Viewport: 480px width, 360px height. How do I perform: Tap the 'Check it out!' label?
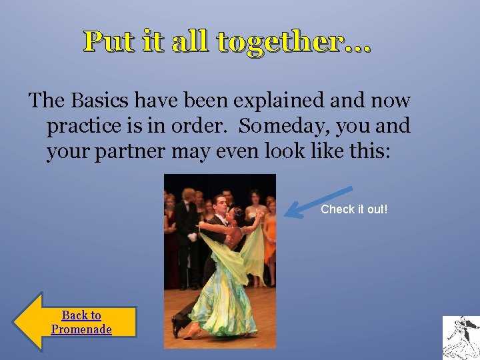point(354,209)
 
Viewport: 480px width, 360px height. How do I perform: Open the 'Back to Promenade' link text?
point(81,322)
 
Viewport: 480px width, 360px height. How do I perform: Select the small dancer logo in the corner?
point(461,337)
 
